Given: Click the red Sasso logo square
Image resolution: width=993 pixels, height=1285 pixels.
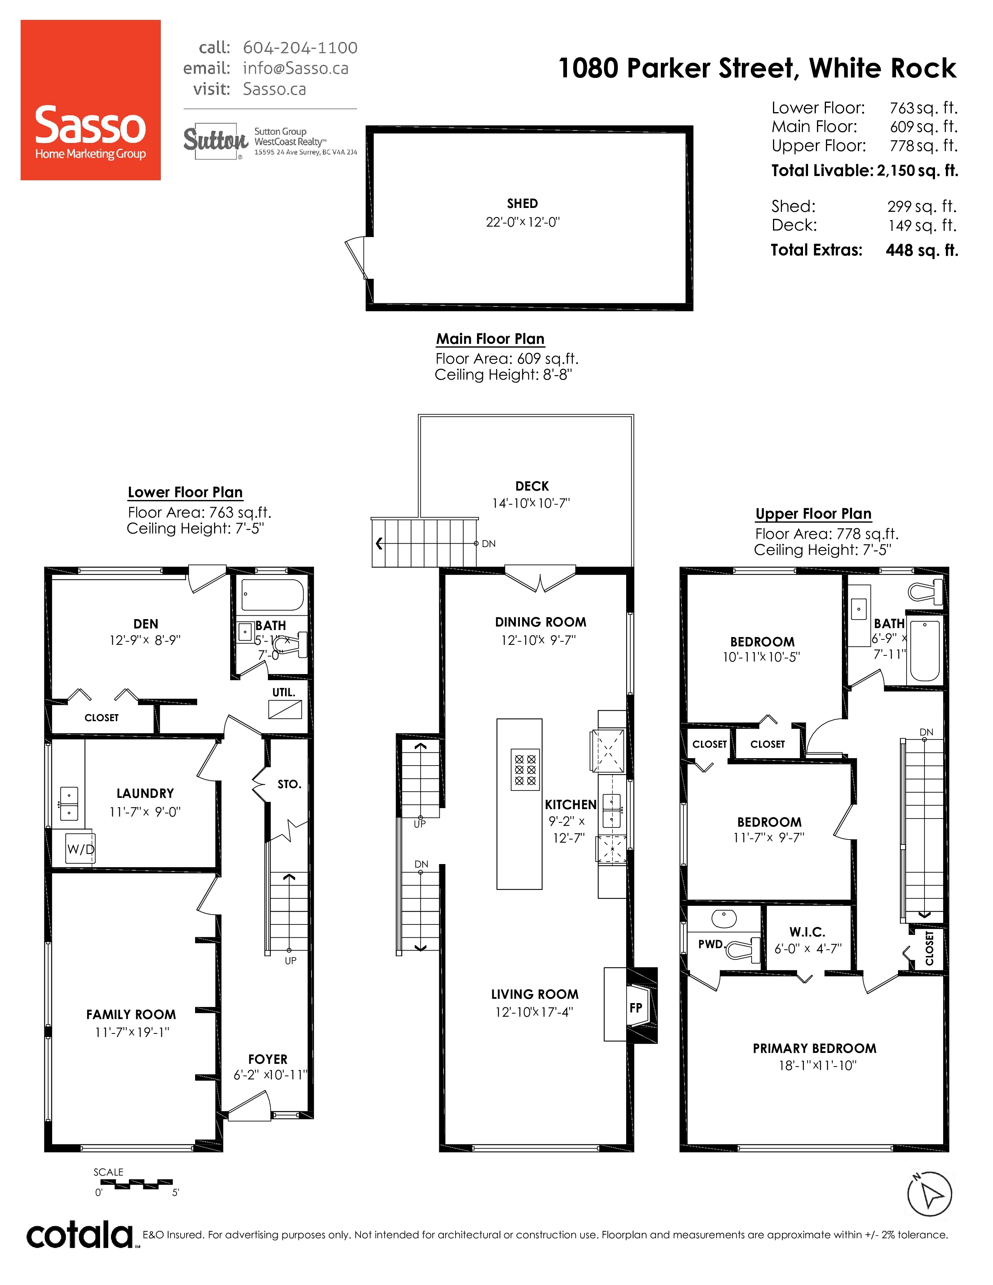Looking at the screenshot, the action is tap(91, 100).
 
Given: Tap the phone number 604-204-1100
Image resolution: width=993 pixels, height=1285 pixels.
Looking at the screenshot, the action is tap(300, 48).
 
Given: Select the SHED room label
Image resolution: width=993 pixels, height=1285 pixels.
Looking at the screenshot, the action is tap(522, 204).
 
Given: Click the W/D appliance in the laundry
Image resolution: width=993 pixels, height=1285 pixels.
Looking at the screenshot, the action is tap(80, 848).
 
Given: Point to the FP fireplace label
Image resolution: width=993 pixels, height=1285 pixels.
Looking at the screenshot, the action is tap(636, 1008).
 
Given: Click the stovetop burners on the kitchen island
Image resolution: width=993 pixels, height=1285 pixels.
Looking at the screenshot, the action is tap(525, 769).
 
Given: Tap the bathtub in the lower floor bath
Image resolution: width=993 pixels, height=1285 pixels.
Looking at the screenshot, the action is tap(273, 595).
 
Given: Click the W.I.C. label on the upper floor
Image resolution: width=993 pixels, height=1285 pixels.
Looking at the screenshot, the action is tap(807, 932).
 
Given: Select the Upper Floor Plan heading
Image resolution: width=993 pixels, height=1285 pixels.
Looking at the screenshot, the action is tap(813, 514).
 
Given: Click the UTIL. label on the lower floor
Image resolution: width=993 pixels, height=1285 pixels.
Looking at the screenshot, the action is tap(283, 692).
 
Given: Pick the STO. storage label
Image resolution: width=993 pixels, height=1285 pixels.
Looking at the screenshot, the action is tap(289, 784).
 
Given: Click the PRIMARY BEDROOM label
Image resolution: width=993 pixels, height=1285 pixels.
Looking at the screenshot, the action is tap(815, 1049).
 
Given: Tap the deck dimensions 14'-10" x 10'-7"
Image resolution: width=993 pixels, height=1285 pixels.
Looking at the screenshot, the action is tap(531, 503).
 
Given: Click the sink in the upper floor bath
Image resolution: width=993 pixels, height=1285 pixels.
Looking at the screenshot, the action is tap(859, 609).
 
